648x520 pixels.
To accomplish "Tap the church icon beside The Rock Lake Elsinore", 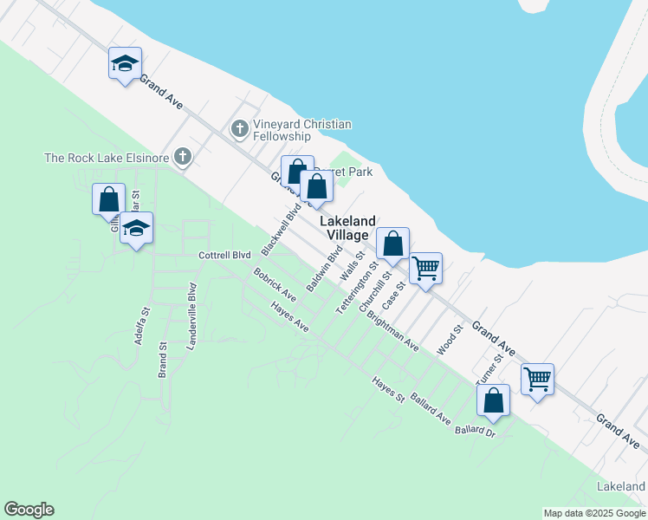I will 182,157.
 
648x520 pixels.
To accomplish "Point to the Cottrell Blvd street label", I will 224,255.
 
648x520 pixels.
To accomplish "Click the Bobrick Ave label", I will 275,285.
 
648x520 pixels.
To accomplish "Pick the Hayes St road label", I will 388,390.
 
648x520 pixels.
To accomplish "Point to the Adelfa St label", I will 142,326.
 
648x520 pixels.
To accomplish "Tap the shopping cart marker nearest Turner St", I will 537,379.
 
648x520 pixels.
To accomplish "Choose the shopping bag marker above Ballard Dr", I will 493,400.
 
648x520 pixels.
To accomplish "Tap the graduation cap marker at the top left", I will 125,63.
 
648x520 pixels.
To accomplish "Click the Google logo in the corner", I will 29,510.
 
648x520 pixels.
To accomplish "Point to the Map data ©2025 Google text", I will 594,513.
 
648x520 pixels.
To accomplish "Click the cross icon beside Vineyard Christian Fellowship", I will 240,130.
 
